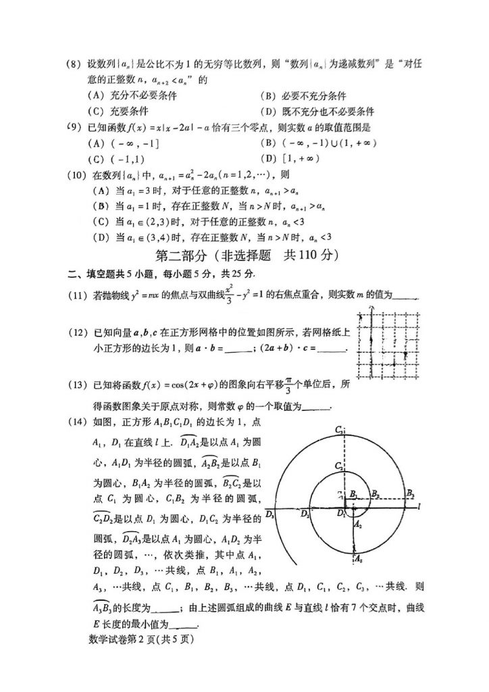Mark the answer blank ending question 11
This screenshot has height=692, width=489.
coord(405,295)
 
